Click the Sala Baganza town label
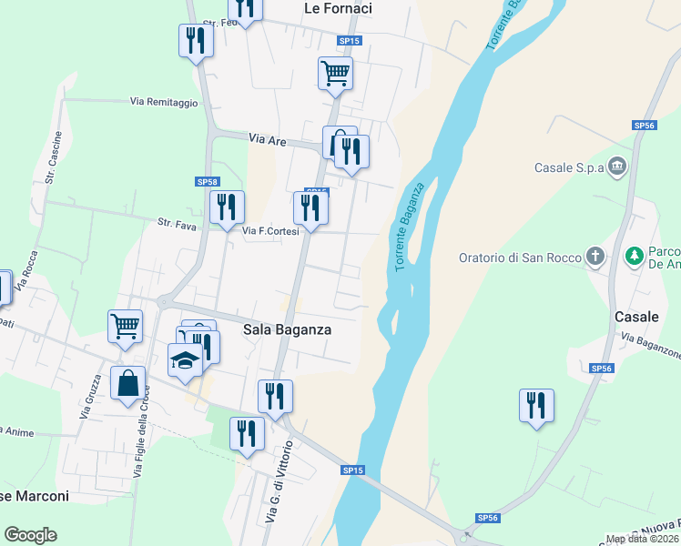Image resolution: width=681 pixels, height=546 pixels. coord(287,329)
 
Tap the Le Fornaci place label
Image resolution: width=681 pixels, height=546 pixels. coord(338,8)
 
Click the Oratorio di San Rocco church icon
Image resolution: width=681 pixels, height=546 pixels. coord(595,258)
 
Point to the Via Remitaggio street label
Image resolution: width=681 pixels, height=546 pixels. coord(164,103)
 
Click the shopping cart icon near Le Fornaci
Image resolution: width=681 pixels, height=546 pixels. coord(335,73)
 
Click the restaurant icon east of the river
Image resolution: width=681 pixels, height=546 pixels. coord(536,404)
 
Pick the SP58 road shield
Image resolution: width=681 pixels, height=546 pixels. coord(208,182)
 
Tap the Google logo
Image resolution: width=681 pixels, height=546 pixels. coord(31,535)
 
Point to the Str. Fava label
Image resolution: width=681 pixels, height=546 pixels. coord(177,222)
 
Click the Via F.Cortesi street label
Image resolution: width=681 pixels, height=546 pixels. coord(270,231)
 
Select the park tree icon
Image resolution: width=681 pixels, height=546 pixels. coord(635,257)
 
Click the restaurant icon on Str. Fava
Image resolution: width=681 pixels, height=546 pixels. coord(227,207)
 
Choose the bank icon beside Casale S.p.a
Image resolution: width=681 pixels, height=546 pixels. coord(618,167)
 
